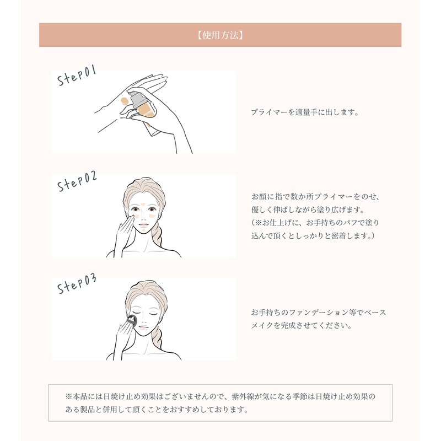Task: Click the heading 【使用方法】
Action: coord(220,35)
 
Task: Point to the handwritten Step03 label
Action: coord(77,285)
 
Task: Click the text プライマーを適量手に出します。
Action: coord(305,112)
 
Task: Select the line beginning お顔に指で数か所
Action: coord(316,196)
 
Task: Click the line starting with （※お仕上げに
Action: coord(315,223)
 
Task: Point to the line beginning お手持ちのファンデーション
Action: coord(319,313)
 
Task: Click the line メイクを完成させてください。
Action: coord(301,326)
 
